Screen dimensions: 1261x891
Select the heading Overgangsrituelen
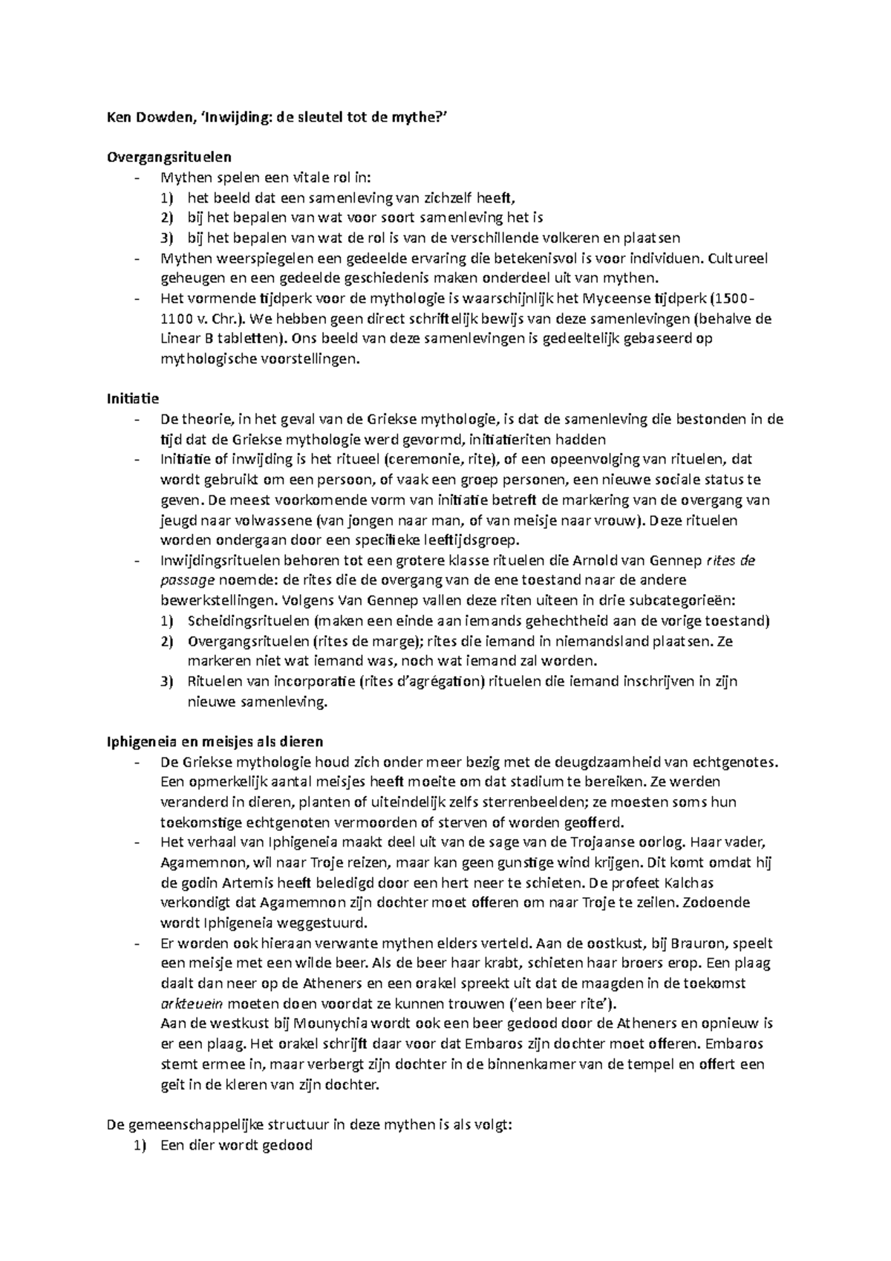point(170,157)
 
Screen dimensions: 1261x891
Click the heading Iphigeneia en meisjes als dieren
point(215,741)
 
